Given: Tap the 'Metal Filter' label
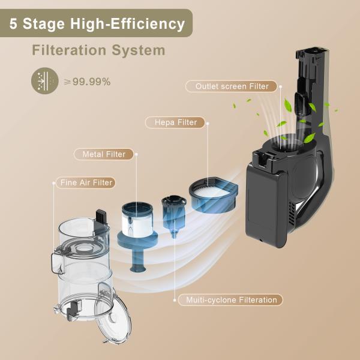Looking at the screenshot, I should coord(104,154).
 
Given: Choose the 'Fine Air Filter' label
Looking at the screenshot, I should coord(86,182).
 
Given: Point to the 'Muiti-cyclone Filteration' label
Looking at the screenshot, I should coord(230,299).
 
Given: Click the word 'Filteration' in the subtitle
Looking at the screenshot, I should coord(67,50).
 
